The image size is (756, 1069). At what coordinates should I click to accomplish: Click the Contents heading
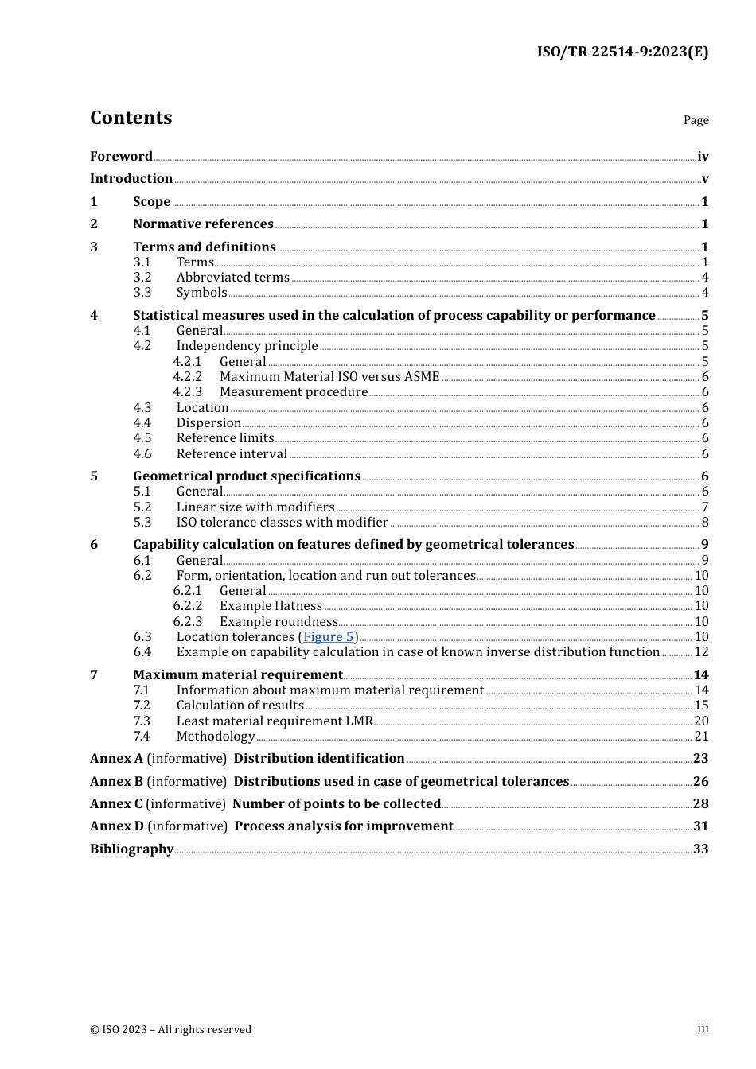[131, 118]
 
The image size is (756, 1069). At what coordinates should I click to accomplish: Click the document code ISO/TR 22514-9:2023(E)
[622, 52]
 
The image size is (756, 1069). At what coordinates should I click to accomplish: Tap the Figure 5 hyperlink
[329, 636]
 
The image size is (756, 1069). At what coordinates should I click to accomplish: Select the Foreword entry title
[121, 156]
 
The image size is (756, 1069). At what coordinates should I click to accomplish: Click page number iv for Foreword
[703, 156]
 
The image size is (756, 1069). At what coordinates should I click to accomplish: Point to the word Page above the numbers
[696, 120]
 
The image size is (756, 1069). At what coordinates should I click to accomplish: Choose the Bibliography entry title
[131, 849]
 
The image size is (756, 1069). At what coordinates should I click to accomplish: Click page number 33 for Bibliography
[700, 849]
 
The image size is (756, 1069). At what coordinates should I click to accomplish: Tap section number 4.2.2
[188, 376]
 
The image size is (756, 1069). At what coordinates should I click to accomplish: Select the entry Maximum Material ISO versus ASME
[329, 376]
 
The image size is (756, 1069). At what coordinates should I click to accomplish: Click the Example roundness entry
[279, 621]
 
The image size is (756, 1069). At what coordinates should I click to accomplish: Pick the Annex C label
[110, 803]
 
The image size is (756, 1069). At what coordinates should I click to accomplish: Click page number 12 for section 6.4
[701, 651]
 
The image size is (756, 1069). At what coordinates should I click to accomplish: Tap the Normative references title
[203, 224]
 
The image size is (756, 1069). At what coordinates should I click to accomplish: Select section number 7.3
[142, 721]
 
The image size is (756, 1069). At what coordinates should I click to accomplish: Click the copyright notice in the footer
[170, 1029]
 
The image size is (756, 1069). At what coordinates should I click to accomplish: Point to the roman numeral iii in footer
[703, 1028]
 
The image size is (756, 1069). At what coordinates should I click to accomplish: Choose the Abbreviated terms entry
[232, 277]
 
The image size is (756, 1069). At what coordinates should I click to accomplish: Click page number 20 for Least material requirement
[701, 721]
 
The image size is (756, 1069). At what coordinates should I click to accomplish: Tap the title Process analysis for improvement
[344, 826]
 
